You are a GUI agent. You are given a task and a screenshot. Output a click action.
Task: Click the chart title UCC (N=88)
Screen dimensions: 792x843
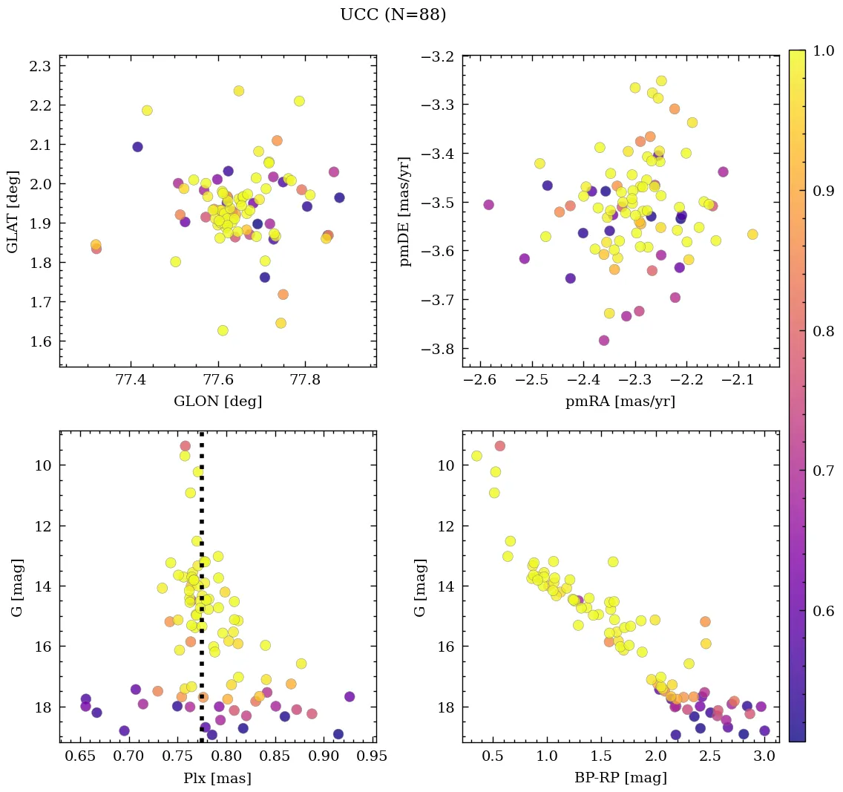[393, 15]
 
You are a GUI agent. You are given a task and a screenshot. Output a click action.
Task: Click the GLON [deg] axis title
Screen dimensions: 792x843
[217, 402]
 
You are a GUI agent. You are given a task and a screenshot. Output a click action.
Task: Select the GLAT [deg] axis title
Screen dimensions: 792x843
[13, 211]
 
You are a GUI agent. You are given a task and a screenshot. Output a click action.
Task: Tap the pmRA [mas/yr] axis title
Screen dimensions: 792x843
[620, 402]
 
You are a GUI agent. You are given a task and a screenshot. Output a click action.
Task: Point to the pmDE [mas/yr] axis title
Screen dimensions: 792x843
[405, 211]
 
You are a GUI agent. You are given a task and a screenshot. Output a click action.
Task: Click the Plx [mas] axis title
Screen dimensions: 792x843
[217, 778]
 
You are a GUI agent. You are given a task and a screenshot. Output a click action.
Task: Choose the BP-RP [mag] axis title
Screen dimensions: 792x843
[620, 778]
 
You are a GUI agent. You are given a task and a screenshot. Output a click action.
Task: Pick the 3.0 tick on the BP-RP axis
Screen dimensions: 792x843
[764, 758]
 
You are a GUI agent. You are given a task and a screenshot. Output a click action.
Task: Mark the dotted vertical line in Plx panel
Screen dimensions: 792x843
[202, 594]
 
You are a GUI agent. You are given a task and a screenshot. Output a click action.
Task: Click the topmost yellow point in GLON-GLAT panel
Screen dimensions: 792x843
[239, 91]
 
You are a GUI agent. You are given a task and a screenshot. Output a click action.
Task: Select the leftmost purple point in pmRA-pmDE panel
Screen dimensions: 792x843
[488, 204]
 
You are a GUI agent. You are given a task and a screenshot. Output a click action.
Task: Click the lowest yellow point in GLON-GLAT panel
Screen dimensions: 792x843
[223, 330]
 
